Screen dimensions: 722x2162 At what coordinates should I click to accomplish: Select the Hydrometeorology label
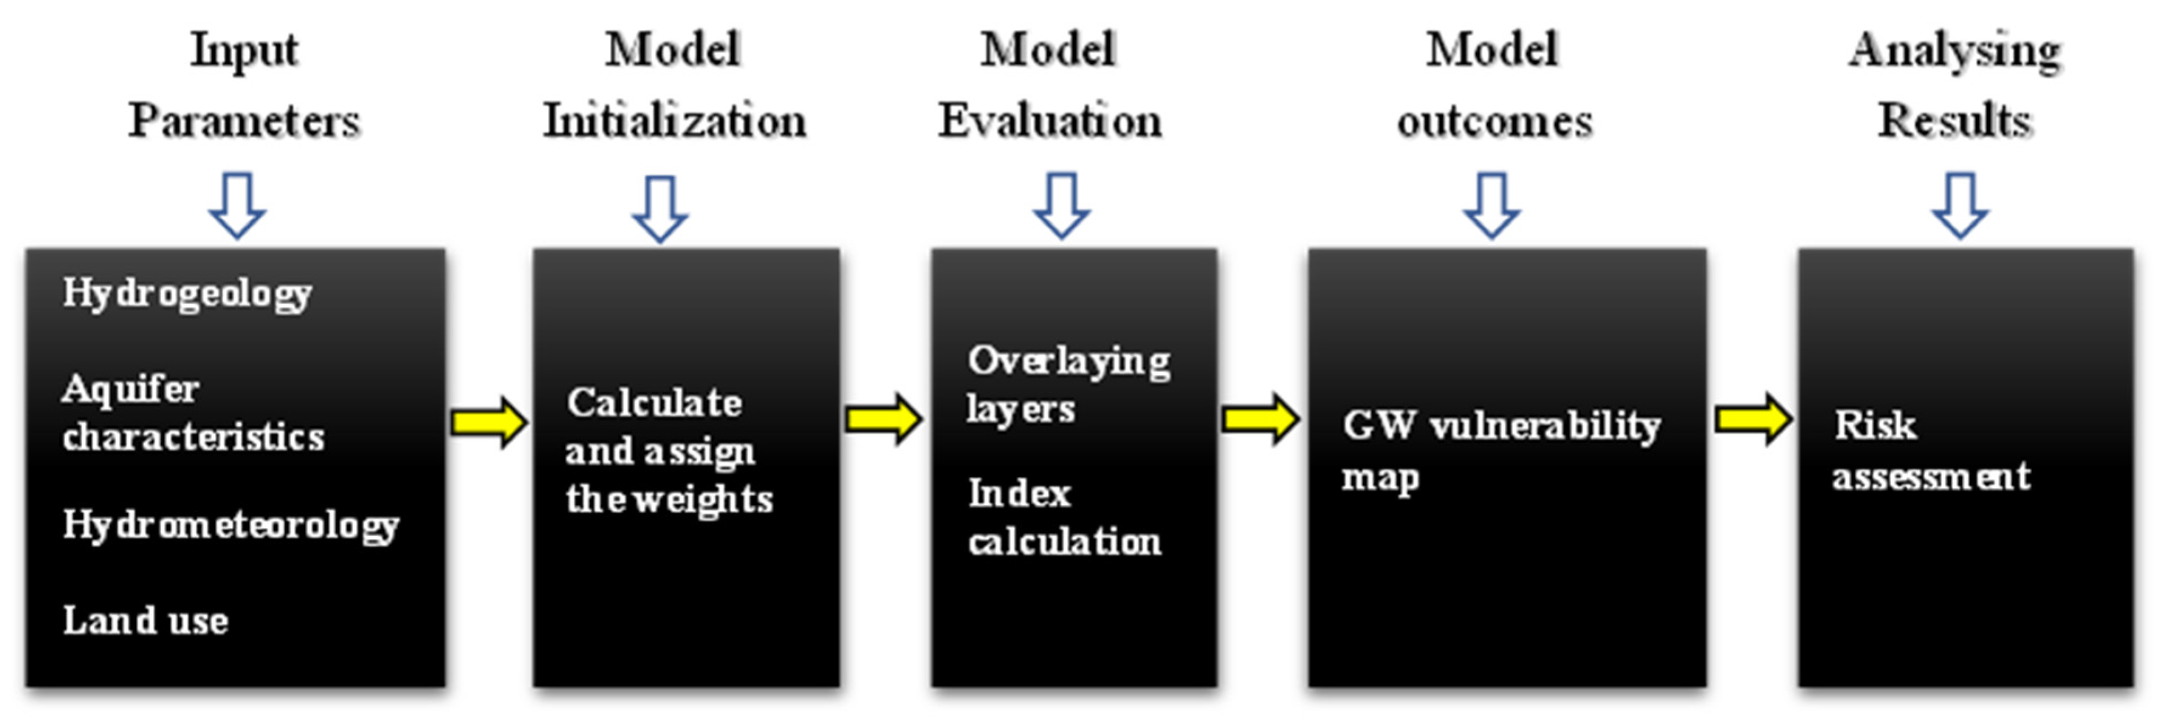[231, 526]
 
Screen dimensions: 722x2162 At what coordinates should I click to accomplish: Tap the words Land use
[145, 622]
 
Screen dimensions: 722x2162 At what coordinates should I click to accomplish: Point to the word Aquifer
[130, 389]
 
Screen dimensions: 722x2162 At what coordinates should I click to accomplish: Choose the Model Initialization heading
[674, 85]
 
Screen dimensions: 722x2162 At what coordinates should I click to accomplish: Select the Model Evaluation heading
[1049, 85]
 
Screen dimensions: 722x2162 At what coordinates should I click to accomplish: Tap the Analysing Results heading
[1955, 85]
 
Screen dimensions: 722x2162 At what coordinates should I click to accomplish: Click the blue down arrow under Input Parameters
[238, 205]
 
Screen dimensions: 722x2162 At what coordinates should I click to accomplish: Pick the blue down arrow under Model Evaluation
[1062, 205]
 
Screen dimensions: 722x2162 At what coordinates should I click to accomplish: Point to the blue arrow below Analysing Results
[1959, 205]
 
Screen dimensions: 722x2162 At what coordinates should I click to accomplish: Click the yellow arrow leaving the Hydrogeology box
[489, 422]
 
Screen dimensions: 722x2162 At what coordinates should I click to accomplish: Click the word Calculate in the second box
[654, 403]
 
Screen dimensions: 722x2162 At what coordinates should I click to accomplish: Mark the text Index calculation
[1064, 517]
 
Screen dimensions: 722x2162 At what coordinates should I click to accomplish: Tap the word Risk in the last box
[1874, 425]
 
